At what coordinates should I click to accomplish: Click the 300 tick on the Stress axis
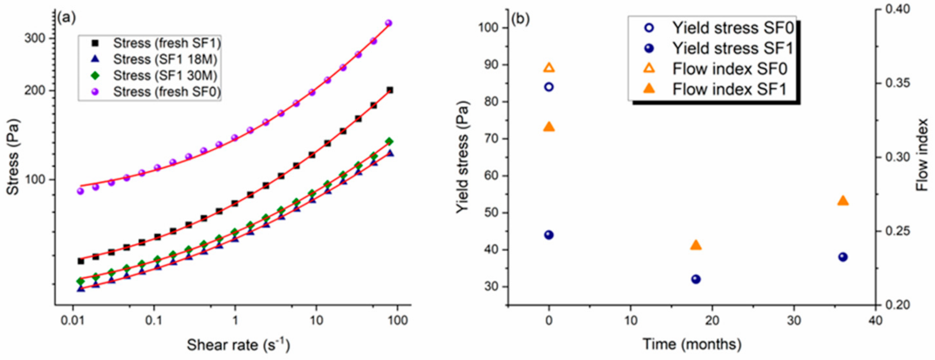(x=35, y=39)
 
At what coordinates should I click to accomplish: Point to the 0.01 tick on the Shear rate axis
(x=73, y=320)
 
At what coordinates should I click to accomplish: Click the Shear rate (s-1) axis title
(x=238, y=345)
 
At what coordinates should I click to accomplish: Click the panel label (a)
(x=66, y=18)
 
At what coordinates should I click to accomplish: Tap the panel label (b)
(x=520, y=18)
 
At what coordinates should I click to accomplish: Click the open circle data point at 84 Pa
(x=549, y=87)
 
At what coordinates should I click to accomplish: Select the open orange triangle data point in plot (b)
(x=549, y=68)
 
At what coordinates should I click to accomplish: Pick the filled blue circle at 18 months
(x=696, y=279)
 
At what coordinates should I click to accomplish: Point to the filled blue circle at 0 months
(x=549, y=235)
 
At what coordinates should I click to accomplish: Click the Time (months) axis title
(x=692, y=344)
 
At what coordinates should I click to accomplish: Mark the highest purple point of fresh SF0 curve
(x=388, y=23)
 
